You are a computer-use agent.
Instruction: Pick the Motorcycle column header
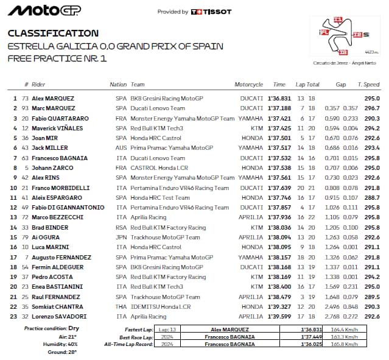248,85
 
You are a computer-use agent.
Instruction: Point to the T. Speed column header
368,85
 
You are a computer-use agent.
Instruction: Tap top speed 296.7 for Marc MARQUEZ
372,108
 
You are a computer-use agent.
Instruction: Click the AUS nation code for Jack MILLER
121,148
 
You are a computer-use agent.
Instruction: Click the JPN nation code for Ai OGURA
121,237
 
